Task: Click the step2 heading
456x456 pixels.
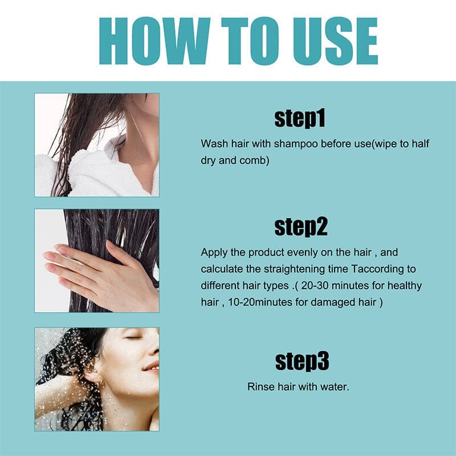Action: (x=300, y=227)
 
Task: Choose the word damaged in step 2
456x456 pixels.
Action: (x=331, y=302)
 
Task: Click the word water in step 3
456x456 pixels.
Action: (x=335, y=387)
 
